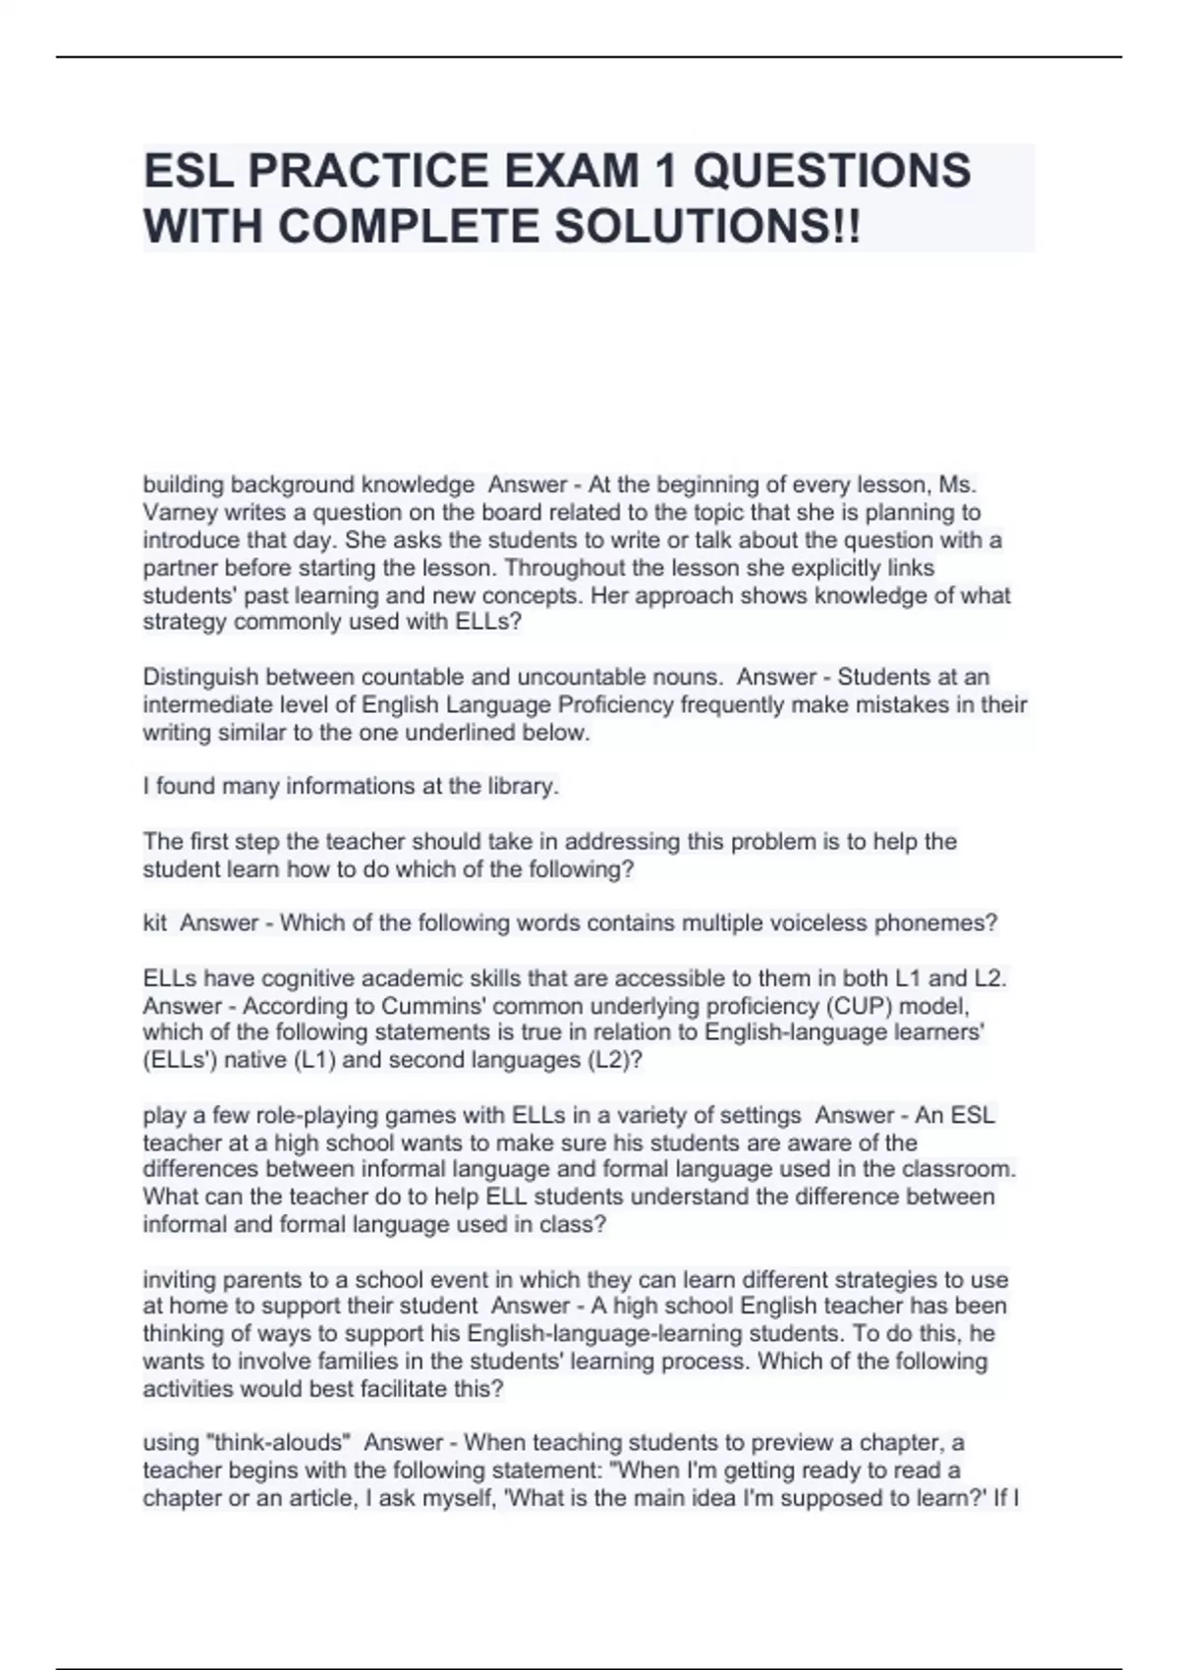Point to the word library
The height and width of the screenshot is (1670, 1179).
point(522,786)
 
